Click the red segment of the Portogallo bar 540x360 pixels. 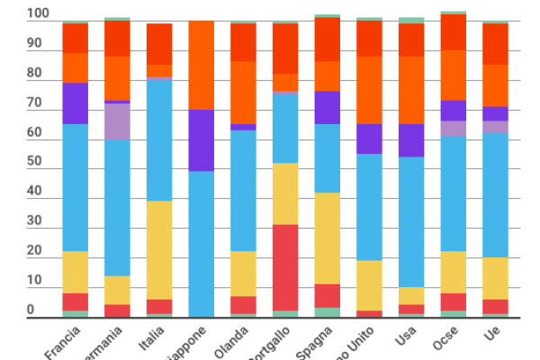[285, 267]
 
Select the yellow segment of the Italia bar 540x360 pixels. [159, 250]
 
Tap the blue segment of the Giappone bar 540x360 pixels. [202, 243]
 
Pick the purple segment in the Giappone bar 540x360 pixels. [202, 140]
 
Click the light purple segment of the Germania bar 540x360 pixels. [117, 121]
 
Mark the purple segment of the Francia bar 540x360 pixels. [76, 103]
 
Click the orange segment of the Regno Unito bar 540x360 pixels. [369, 90]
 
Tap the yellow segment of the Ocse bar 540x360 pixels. [454, 272]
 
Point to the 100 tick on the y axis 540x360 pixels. [38, 14]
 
